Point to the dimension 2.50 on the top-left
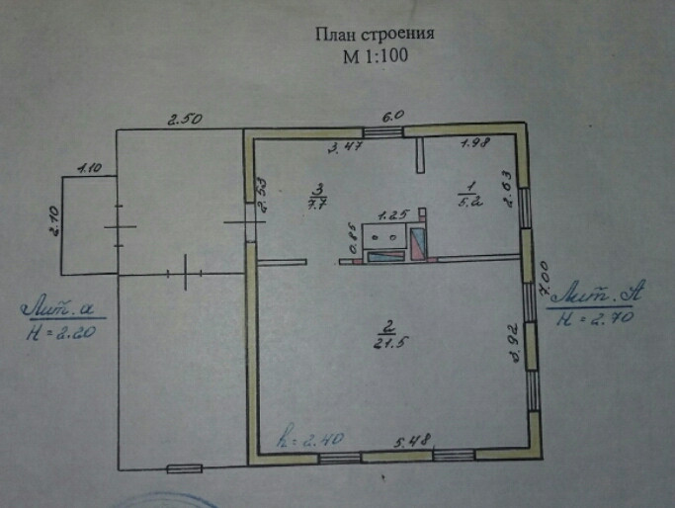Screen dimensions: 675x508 click(x=184, y=120)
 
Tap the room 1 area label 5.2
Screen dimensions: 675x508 click(x=469, y=195)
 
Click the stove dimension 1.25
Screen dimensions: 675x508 click(x=393, y=214)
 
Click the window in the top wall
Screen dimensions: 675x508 click(x=382, y=130)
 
